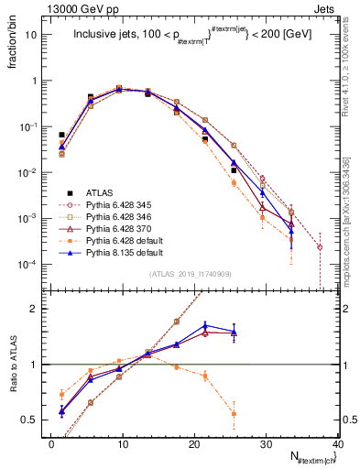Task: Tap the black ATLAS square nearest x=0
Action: click(x=61, y=135)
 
